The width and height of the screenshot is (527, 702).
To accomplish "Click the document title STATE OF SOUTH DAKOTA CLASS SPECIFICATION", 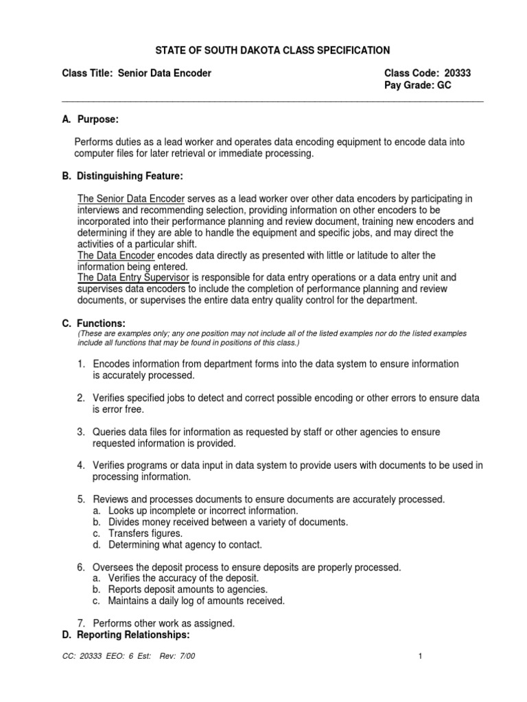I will coord(263,50).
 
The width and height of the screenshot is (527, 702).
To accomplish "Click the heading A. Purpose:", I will coord(90,119).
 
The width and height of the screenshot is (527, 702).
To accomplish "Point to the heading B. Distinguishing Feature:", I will coord(122,177).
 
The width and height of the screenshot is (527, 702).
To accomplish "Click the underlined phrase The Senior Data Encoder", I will coord(131,199).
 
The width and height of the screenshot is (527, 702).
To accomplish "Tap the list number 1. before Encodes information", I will coord(81,364).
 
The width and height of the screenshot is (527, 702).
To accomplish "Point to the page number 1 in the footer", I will coord(420,657).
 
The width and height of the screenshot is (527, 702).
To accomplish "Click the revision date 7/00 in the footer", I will coord(198,657).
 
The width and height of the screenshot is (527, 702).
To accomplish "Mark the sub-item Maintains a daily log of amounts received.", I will coord(196,601).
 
